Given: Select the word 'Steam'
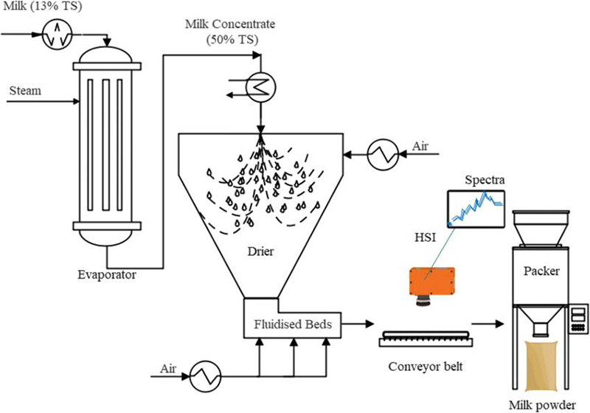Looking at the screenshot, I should pyautogui.click(x=24, y=91).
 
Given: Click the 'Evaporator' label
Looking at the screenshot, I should pyautogui.click(x=104, y=274).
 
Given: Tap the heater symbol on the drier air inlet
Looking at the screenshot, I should pyautogui.click(x=384, y=155).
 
